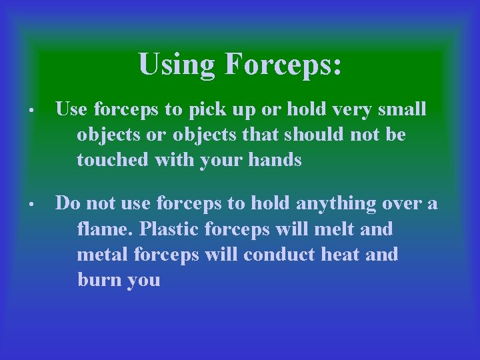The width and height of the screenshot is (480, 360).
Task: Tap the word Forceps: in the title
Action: (283, 65)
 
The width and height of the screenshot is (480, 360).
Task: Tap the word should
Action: (313, 135)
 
